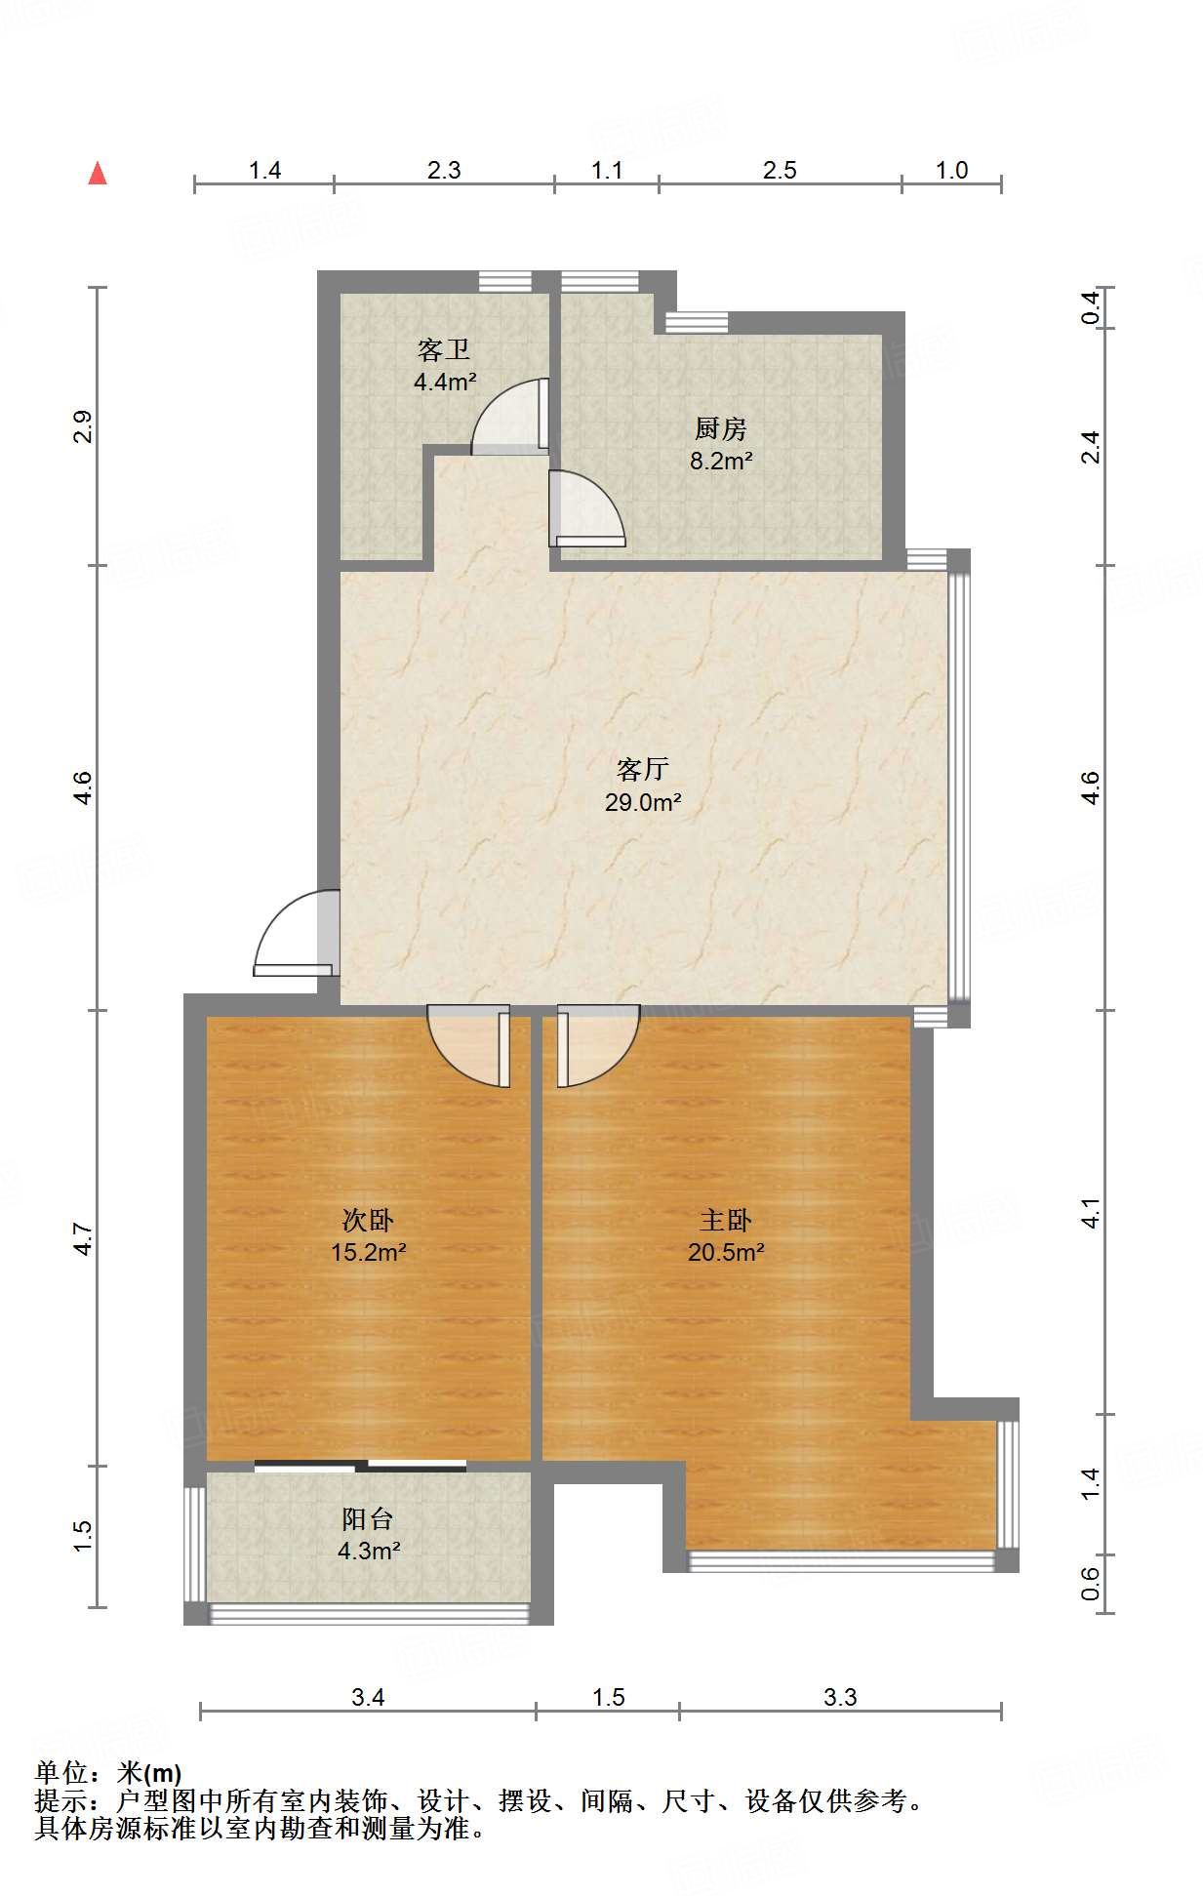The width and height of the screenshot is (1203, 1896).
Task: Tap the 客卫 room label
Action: [x=444, y=349]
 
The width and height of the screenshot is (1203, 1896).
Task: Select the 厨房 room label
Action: [x=721, y=428]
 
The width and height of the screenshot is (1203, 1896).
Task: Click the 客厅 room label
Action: [x=643, y=770]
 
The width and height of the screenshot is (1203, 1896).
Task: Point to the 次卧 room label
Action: [x=368, y=1220]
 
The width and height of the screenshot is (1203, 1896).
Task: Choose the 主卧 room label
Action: [x=726, y=1220]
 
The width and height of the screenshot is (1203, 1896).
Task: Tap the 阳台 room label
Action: [x=368, y=1518]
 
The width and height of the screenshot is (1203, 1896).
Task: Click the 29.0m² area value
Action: [x=643, y=802]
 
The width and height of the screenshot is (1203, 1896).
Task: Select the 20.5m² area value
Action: [x=726, y=1252]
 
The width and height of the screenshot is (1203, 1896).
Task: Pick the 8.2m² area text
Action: [x=721, y=461]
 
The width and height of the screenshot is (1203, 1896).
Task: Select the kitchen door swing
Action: [x=586, y=508]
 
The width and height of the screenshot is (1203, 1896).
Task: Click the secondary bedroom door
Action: [x=469, y=1046]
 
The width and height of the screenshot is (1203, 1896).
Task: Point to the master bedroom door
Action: [x=598, y=1046]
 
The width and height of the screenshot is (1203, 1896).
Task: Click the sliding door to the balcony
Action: [x=360, y=1465]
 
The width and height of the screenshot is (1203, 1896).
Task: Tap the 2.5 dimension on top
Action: [x=780, y=171]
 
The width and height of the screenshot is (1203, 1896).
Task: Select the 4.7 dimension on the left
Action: [x=84, y=1239]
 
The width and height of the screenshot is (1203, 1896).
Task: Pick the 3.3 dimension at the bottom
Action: [x=840, y=1697]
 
